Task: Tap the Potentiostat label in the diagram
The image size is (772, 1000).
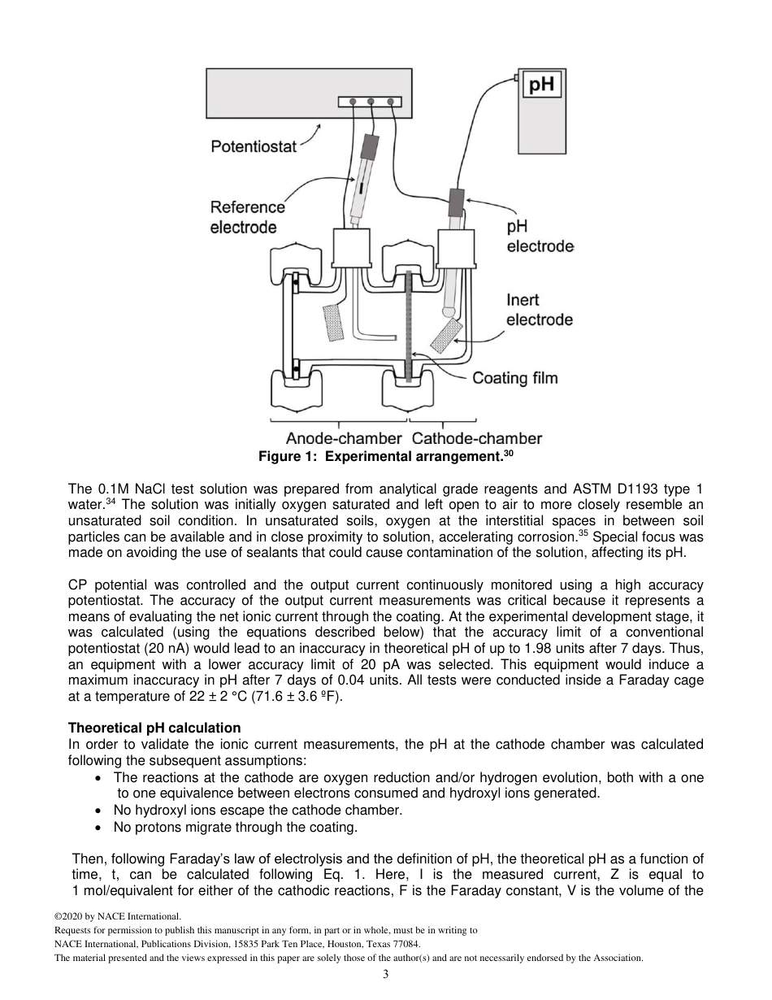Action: tap(254, 147)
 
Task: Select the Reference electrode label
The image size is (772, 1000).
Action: tap(247, 217)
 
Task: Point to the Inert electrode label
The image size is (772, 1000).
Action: tap(540, 310)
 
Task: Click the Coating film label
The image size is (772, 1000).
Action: tap(515, 378)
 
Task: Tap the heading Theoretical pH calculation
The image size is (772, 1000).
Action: tap(154, 728)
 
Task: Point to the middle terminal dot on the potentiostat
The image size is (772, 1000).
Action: tap(371, 102)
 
